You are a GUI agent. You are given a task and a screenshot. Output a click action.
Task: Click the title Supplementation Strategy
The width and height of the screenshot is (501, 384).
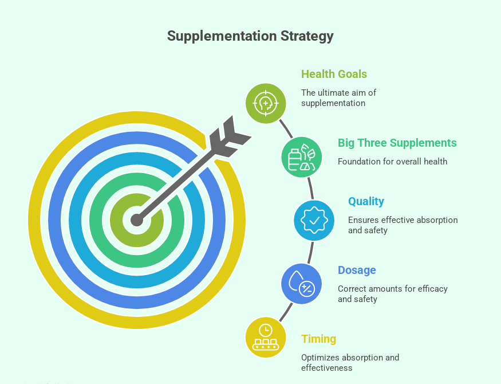point(250,36)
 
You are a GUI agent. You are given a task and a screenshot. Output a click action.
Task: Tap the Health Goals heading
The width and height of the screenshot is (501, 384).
point(334,74)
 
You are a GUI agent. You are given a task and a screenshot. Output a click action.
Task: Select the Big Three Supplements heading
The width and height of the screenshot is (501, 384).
point(397,143)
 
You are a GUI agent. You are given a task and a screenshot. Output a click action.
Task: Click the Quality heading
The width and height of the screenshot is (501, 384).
point(366,201)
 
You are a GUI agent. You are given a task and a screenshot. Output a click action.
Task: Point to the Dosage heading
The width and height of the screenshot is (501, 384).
point(357,270)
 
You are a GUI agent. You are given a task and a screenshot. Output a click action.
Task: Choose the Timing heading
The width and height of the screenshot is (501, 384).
point(318,339)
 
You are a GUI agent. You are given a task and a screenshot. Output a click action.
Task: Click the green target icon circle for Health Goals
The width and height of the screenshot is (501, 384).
point(266,103)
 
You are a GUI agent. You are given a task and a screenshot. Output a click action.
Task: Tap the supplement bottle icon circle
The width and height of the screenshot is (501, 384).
point(301,156)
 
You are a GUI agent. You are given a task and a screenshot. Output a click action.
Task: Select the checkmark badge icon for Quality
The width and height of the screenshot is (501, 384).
point(314,220)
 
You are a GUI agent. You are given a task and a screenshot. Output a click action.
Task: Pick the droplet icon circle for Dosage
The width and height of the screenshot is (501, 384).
point(301,283)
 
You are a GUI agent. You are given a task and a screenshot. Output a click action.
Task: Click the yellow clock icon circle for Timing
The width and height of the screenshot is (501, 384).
point(266,337)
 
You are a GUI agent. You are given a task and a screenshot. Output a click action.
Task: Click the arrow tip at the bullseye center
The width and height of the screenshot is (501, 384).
point(137,220)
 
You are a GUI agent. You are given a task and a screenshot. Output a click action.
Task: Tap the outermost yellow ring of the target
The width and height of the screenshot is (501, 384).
point(37,220)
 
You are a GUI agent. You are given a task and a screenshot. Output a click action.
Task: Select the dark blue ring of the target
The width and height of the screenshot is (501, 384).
point(57,220)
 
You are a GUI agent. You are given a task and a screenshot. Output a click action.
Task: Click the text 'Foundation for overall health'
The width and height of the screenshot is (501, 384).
point(392,161)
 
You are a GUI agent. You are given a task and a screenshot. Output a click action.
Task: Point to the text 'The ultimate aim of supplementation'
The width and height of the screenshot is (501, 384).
point(338,98)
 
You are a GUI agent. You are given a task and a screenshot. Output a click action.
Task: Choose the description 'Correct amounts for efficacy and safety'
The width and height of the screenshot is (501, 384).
point(392,293)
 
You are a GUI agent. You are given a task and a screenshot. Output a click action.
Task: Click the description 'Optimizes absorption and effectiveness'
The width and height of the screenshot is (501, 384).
point(350,362)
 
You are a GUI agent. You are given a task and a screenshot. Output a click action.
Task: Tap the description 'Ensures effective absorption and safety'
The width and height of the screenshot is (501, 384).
point(403,225)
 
